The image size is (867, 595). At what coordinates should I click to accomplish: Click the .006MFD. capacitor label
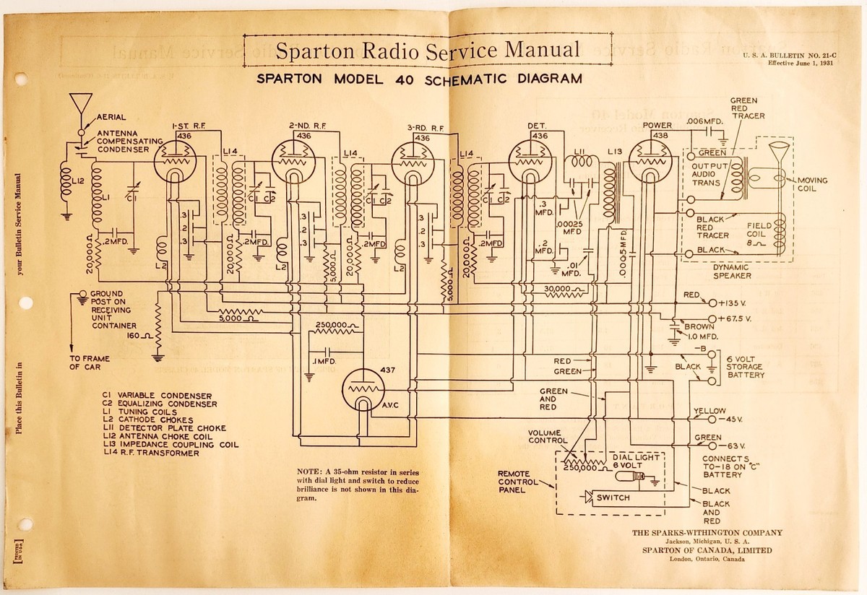click(x=706, y=120)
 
